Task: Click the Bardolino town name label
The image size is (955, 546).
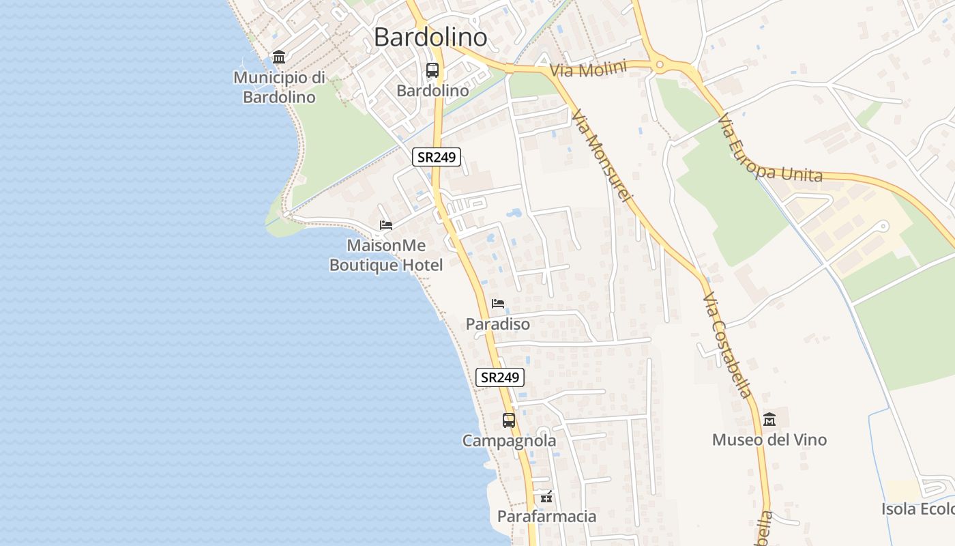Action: (430, 37)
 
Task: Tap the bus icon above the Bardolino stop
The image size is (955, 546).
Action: (432, 70)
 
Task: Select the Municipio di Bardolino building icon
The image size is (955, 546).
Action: (279, 57)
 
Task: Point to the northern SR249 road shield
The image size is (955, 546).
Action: (437, 157)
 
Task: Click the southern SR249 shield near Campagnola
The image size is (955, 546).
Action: (499, 377)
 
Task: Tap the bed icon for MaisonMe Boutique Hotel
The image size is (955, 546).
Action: (386, 225)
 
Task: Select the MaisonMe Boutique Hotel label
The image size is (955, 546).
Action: (386, 255)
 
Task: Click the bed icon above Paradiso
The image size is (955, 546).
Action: (498, 304)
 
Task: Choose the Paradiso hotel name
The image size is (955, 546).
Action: (498, 324)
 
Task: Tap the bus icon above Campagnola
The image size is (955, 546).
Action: (509, 420)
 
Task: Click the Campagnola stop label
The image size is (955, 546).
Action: (509, 441)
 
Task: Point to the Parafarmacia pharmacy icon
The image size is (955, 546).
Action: (546, 497)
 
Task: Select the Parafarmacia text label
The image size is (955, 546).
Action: (546, 517)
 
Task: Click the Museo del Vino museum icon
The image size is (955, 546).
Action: (769, 419)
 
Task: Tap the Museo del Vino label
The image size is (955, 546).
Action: (769, 440)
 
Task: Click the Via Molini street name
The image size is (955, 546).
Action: (588, 70)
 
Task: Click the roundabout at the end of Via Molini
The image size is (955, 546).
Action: (660, 66)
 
